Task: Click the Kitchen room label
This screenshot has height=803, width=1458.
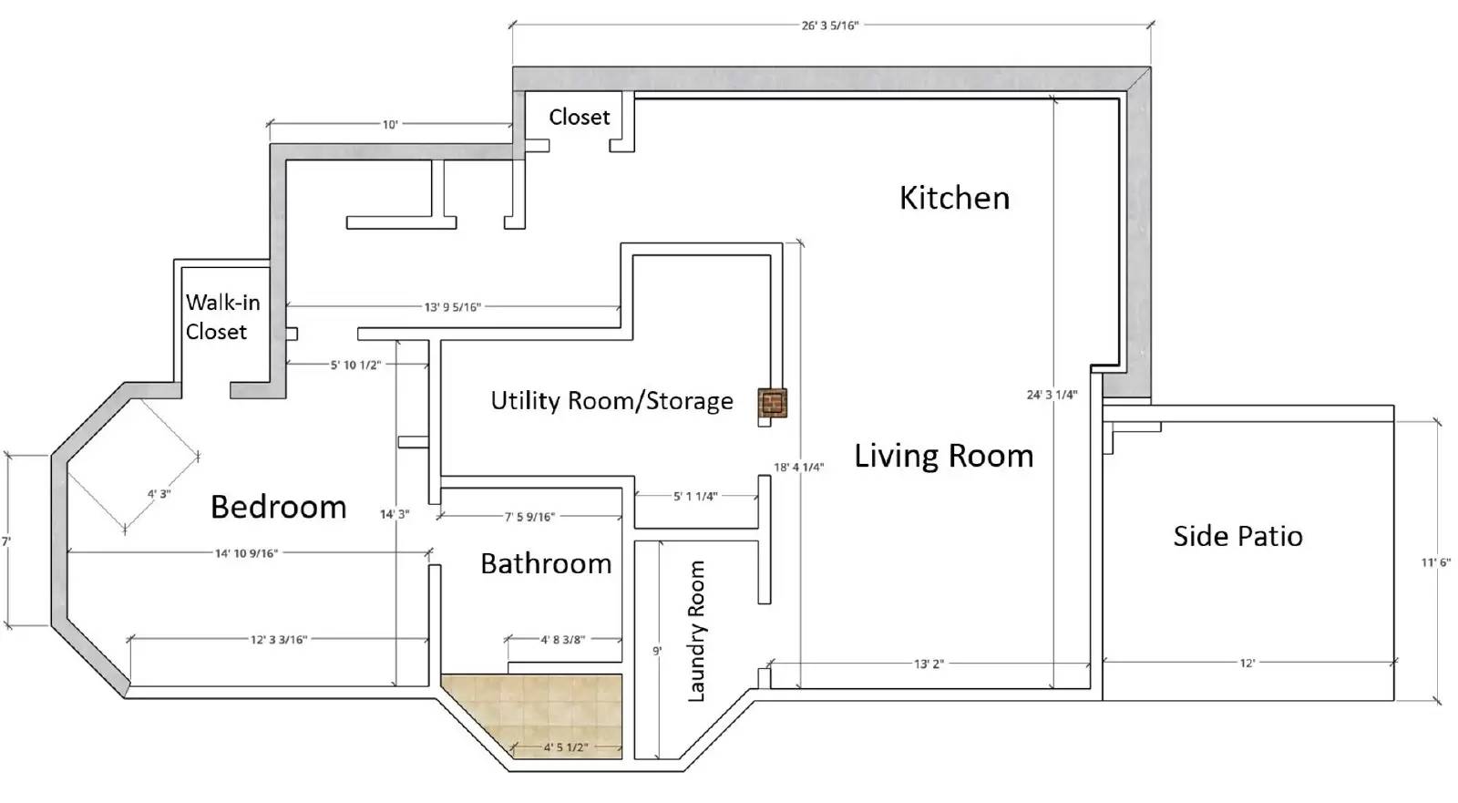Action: [954, 198]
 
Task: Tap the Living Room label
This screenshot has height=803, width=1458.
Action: [944, 455]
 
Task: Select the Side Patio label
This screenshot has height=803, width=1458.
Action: [1238, 536]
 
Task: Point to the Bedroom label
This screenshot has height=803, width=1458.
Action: [279, 507]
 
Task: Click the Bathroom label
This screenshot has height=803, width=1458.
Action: [546, 563]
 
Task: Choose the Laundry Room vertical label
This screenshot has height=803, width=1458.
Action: [696, 631]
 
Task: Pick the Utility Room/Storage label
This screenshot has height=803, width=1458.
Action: [611, 401]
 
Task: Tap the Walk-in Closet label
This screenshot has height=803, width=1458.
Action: [222, 317]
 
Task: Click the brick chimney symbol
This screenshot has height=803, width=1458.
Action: [773, 403]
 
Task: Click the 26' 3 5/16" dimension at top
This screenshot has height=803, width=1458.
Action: [830, 26]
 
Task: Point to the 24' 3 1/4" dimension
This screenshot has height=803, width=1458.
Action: [1052, 395]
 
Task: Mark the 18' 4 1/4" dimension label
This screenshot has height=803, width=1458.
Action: [798, 467]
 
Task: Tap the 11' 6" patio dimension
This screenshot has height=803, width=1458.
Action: [1435, 562]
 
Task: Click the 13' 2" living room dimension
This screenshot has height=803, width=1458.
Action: [929, 664]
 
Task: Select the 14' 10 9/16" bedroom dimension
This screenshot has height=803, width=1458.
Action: [247, 553]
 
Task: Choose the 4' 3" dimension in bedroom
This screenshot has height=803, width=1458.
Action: [159, 494]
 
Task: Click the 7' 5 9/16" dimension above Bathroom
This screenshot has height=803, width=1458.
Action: [529, 517]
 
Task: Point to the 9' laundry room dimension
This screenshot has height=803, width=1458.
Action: [657, 651]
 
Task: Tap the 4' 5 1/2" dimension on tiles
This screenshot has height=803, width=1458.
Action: [566, 747]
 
